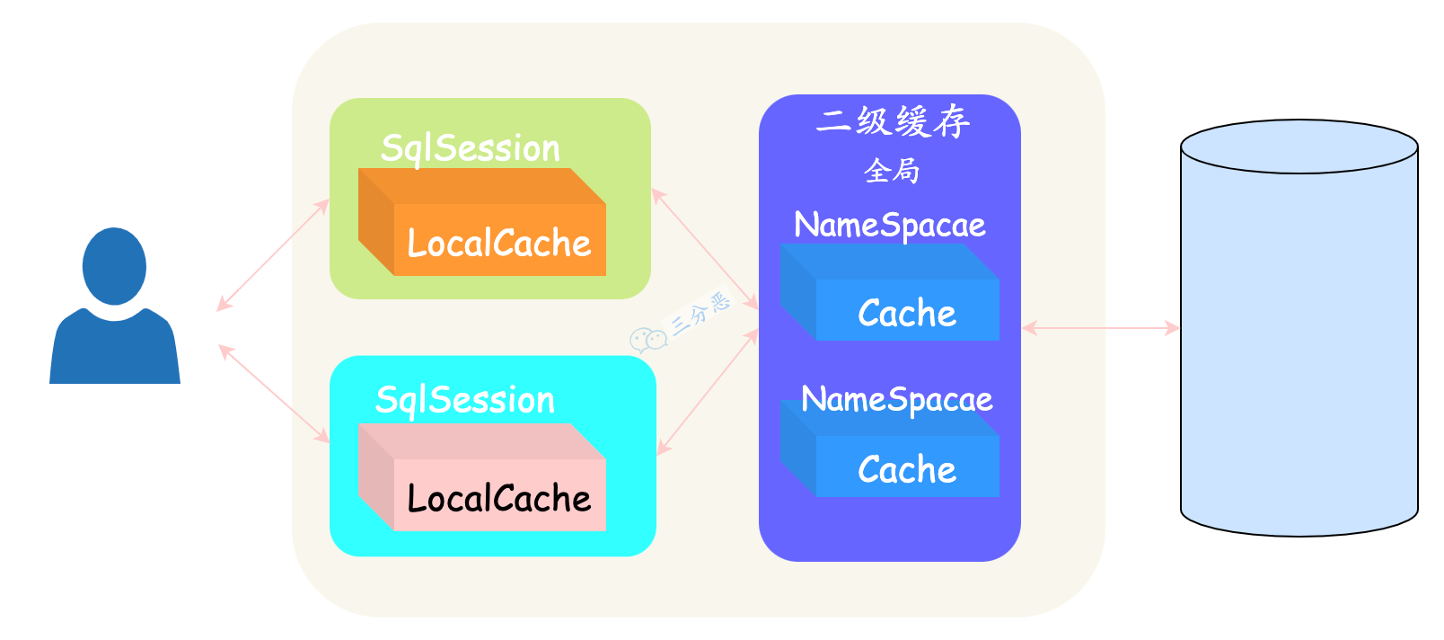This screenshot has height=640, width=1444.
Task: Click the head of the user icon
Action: point(114,265)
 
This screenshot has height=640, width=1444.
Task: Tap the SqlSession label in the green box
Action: point(471,148)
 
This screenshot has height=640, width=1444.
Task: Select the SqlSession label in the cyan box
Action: point(465,400)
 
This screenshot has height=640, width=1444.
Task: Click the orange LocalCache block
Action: point(499,240)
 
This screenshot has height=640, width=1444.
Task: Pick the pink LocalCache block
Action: point(499,495)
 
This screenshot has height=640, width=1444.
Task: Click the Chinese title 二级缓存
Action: point(893,121)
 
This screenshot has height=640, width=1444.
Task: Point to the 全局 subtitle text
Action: point(891,170)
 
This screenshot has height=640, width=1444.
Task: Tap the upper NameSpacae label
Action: point(889,225)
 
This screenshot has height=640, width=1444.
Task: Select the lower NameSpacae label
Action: point(896,399)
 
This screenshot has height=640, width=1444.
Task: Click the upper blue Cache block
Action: point(907,310)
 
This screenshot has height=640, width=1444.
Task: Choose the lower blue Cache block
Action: point(907,467)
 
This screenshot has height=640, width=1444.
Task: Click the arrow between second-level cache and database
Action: point(1100,328)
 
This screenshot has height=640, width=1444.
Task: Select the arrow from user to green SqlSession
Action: point(273,255)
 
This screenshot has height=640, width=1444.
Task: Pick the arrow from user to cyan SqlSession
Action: point(274,394)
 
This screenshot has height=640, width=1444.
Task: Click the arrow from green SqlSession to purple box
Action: point(705,249)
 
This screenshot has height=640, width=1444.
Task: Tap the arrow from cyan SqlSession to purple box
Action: point(708,392)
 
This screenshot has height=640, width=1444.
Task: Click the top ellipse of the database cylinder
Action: point(1299,146)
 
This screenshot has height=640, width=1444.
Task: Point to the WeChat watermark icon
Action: point(647,340)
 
